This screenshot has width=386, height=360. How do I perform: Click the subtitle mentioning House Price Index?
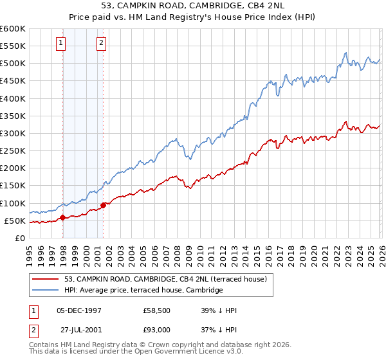[x=193, y=18]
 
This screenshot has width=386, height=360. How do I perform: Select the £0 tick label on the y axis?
[x=19, y=239]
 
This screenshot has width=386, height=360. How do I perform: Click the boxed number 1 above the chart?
[x=61, y=43]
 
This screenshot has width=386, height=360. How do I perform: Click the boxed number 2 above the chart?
[x=102, y=43]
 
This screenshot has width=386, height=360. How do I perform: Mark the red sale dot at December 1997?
[x=62, y=218]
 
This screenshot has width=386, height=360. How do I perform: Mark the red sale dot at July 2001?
[x=104, y=206]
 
